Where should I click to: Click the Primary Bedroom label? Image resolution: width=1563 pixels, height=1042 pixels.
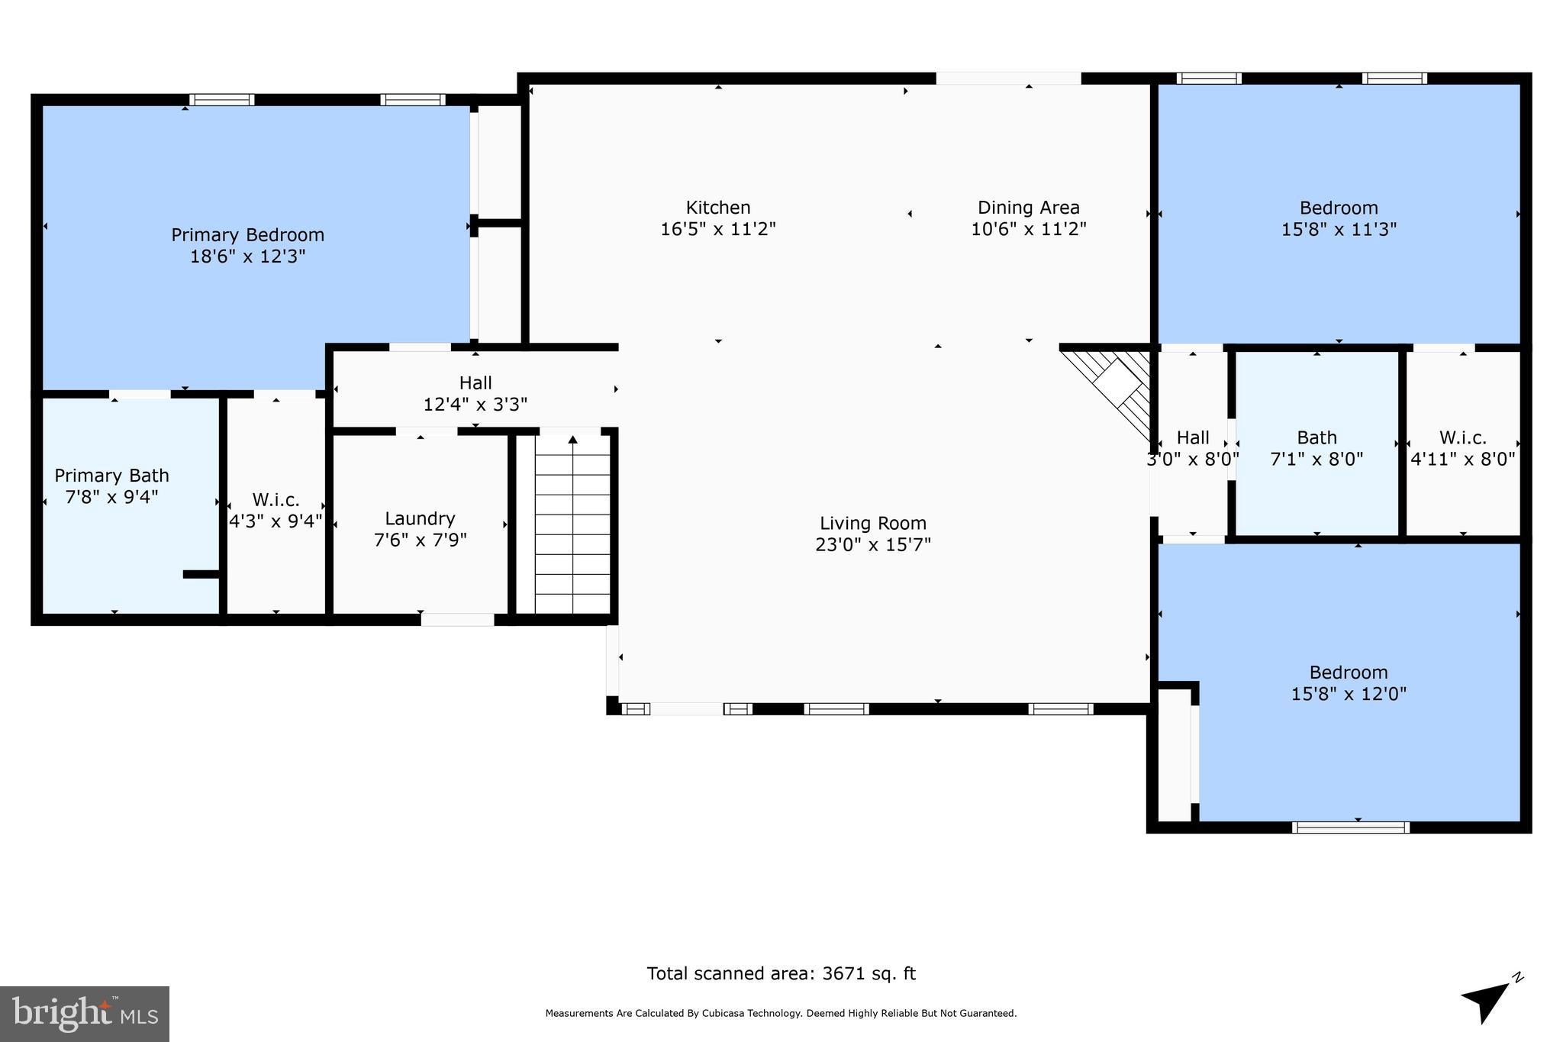point(247,235)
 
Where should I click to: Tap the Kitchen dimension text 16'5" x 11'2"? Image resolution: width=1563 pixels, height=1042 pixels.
point(717,229)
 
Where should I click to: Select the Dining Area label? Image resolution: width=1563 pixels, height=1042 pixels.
point(1028,208)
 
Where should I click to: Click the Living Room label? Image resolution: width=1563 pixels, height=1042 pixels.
point(873,524)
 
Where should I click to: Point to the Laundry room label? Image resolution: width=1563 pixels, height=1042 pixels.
point(420,519)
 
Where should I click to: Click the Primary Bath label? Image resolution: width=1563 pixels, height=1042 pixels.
point(111,476)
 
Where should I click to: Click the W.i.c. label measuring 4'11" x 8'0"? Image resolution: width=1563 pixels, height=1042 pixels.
point(1462,438)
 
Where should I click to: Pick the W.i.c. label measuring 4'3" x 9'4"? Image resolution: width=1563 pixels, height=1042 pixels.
point(276,500)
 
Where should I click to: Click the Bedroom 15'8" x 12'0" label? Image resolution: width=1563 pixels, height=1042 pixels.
point(1348,673)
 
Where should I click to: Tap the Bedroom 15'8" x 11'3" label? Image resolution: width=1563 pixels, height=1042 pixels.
point(1339,208)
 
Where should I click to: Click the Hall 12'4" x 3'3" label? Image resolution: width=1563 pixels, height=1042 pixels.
point(475,383)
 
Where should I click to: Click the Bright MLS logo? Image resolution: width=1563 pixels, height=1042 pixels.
point(85,1013)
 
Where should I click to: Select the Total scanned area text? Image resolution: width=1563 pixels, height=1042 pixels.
point(781,973)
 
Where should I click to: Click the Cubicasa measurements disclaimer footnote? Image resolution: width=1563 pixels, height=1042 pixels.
point(781,1014)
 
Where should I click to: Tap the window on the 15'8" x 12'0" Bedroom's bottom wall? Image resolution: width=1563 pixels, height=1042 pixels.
point(1350,827)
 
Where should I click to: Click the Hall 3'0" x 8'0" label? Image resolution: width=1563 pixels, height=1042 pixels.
point(1193,438)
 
